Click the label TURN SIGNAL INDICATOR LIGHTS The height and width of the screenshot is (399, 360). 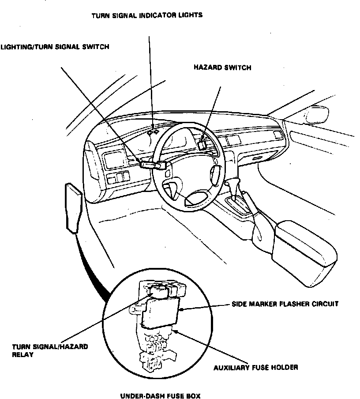pos(147,15)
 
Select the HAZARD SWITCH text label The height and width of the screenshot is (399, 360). pos(222,68)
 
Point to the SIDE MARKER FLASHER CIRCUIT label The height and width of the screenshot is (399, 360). pos(285,304)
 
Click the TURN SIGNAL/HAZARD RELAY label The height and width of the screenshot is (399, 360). pos(49,350)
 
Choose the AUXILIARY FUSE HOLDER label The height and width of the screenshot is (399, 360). pos(256,367)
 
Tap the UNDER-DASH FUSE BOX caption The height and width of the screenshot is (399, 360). pos(160,396)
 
